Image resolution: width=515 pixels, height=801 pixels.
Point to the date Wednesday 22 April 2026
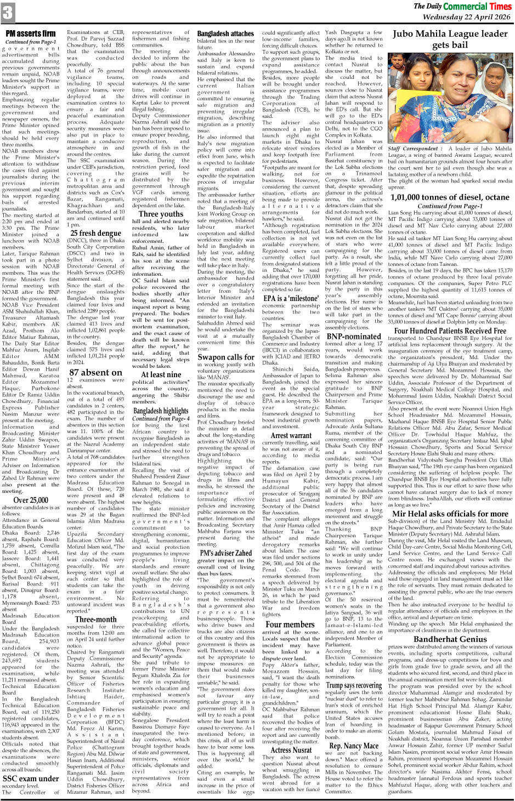coord(467,17)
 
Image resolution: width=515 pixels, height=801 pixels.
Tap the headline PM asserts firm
coord(31,34)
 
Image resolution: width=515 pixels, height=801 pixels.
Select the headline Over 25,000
coord(31,499)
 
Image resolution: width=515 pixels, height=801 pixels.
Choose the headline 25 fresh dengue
coord(95,232)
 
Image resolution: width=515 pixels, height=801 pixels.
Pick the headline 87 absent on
coord(95,372)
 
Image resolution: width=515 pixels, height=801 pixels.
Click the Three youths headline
coord(161,214)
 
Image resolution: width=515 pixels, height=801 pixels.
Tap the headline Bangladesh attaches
coord(225,33)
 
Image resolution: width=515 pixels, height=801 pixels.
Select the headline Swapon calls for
coord(225,357)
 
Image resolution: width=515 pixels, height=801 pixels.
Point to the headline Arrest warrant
coord(291,435)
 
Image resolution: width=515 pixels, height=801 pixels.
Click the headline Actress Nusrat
coord(291,750)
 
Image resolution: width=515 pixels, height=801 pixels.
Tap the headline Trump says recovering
coord(354,685)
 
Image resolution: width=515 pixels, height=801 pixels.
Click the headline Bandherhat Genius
coord(450,639)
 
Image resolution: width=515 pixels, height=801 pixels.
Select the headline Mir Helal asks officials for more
coord(450,514)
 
